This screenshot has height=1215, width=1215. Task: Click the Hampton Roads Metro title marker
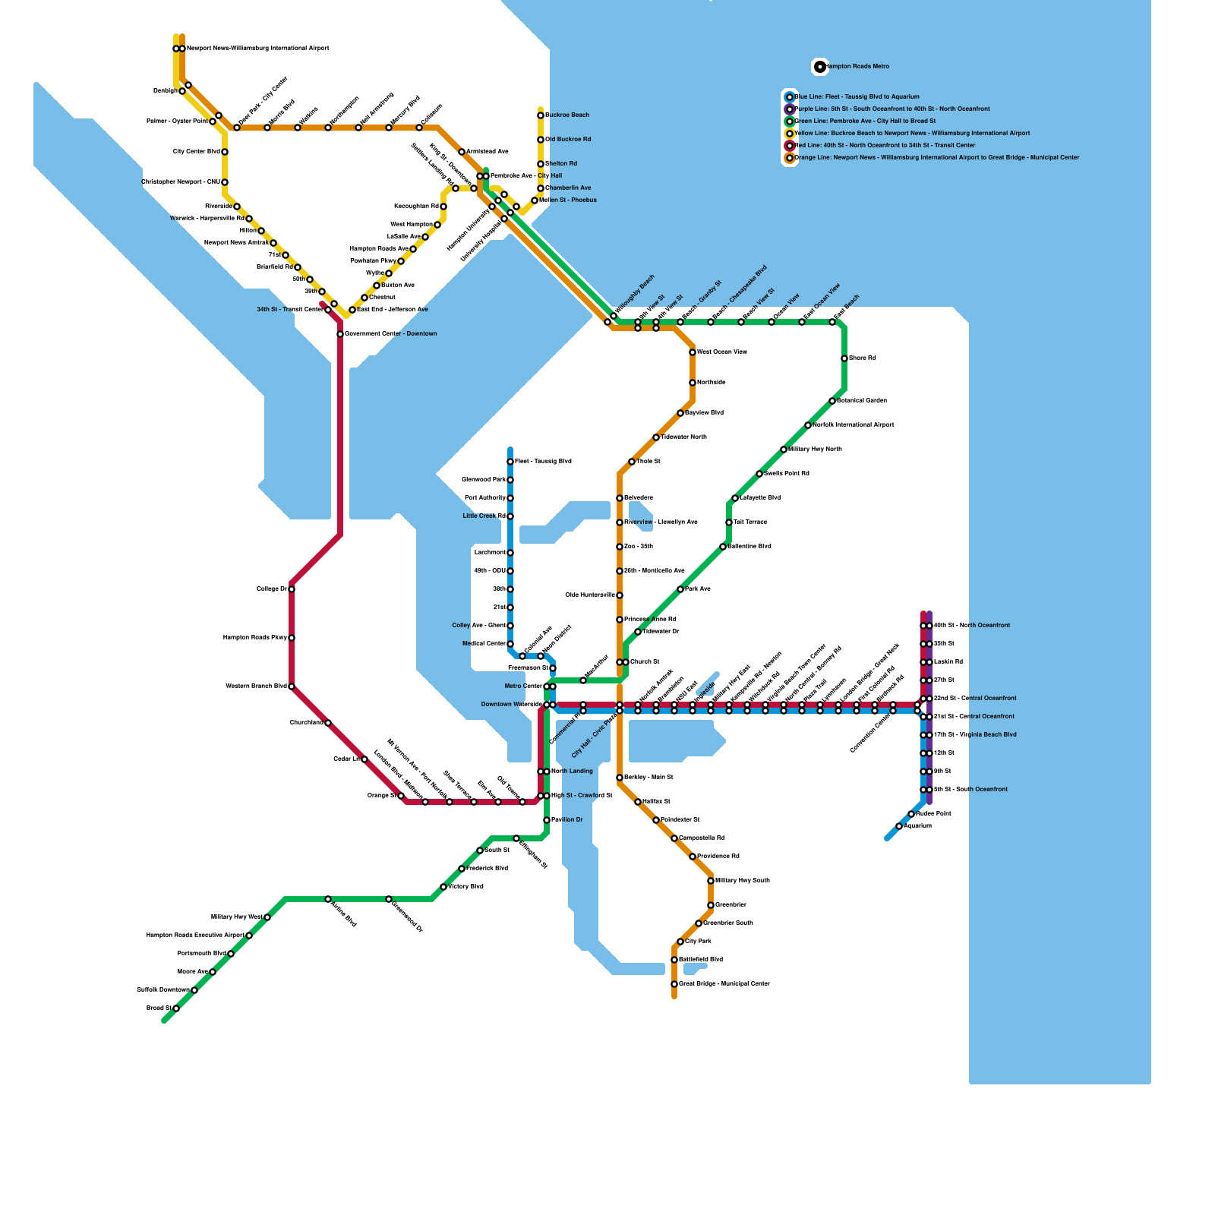pos(820,67)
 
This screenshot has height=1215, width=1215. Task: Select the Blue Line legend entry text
pos(857,97)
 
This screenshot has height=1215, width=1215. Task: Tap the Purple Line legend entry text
pos(892,109)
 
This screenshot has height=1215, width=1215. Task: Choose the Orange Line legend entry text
pos(936,158)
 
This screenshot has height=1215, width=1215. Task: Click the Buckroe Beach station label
pos(567,115)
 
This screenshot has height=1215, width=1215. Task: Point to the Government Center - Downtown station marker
pos(340,334)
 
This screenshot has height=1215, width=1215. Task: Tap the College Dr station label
pos(271,589)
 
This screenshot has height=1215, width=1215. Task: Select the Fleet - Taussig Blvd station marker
pos(510,462)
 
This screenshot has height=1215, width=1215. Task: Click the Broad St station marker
pos(176,1008)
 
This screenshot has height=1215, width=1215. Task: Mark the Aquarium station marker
pos(899,826)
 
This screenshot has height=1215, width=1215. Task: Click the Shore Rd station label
pos(862,358)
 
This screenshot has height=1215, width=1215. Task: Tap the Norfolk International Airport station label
pos(853,425)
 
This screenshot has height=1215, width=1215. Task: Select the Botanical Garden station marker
pos(832,401)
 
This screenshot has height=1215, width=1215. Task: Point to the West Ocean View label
pos(721,352)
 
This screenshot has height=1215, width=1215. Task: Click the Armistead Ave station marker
pos(462,152)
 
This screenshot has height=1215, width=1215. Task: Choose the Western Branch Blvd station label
pos(256,686)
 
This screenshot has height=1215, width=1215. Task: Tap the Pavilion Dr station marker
pos(547,820)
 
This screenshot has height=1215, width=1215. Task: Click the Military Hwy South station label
pos(743,881)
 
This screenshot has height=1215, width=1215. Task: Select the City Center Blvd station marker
pos(225,152)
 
